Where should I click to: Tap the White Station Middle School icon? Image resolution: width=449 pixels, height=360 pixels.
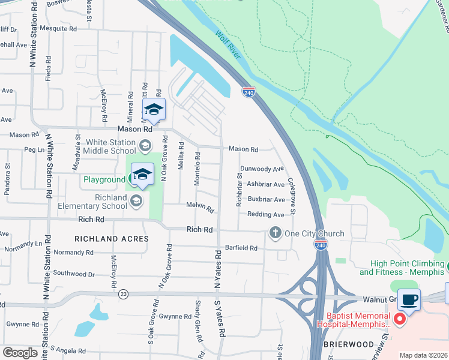click(x=145, y=146)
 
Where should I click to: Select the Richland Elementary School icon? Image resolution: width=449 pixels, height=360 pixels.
click(x=136, y=200)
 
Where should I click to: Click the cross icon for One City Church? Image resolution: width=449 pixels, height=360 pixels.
click(x=276, y=233)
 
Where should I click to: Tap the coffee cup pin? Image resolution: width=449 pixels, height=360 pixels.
click(x=409, y=299)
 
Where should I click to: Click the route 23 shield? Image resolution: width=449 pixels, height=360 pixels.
click(x=124, y=294)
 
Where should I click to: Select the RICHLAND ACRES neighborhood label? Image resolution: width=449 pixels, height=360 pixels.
click(x=111, y=239)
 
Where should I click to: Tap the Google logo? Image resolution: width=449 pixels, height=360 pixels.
click(x=20, y=352)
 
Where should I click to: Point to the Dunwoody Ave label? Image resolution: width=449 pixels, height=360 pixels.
click(x=262, y=169)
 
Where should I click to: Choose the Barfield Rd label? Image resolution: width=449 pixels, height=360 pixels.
click(x=241, y=248)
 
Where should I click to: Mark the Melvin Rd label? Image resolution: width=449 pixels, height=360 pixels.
click(x=200, y=208)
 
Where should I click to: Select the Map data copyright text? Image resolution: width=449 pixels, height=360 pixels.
click(x=423, y=355)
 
